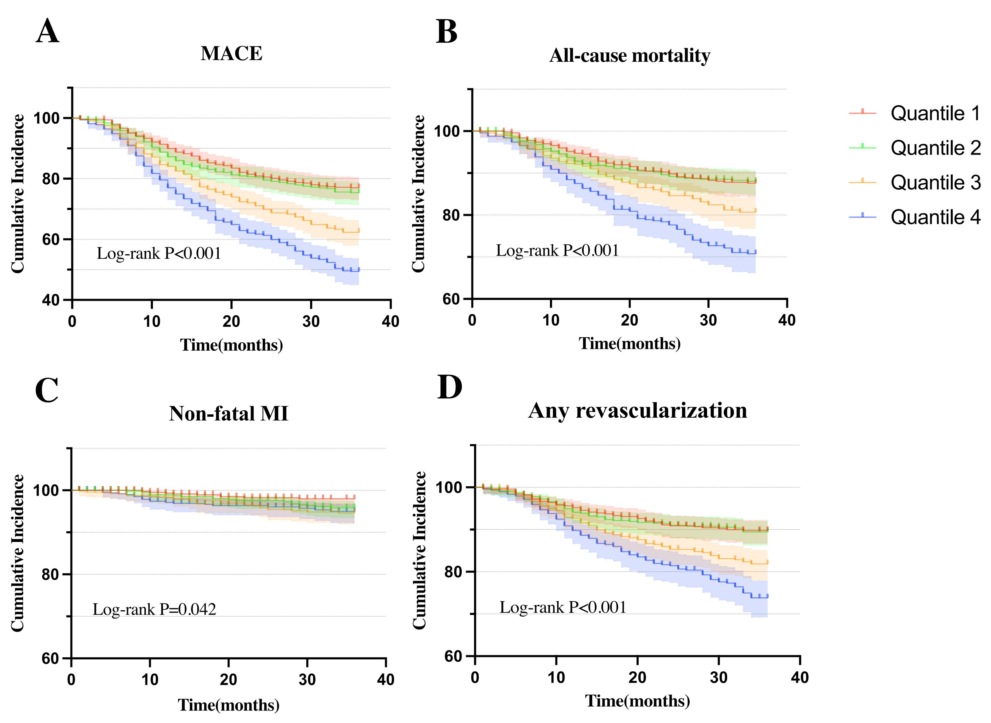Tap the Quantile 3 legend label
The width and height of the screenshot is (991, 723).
[x=936, y=182]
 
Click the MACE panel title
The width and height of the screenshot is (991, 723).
[x=231, y=53]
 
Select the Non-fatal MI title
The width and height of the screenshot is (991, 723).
[x=229, y=414]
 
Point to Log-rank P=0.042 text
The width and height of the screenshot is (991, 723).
[x=154, y=609]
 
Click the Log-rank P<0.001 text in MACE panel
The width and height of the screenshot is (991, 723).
[x=159, y=253]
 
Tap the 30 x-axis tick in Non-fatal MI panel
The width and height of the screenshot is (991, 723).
[x=307, y=680]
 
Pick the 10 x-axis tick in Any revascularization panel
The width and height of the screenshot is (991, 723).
[x=556, y=677]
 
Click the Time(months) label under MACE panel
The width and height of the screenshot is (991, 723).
[x=231, y=345]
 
